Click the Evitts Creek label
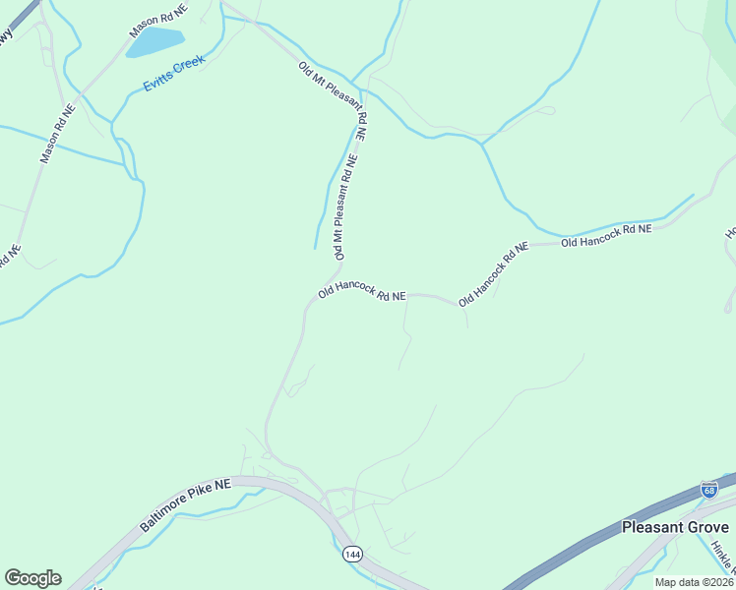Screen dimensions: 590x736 click(174, 75)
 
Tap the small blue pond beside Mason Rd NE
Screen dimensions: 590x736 click(155, 42)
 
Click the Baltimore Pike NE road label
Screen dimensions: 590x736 click(184, 505)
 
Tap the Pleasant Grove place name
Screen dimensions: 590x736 click(675, 527)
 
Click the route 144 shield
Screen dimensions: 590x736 click(351, 556)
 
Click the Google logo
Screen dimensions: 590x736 click(32, 578)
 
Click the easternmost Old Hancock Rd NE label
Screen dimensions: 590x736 click(606, 235)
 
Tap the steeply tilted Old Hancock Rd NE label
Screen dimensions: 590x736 click(493, 273)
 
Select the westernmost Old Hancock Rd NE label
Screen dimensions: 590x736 click(361, 293)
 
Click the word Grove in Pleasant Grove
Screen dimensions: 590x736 click(704, 527)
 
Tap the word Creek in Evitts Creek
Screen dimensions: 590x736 click(189, 68)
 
